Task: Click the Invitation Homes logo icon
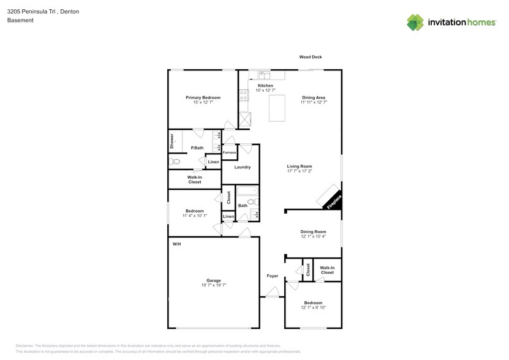click(416, 23)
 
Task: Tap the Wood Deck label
click(310, 57)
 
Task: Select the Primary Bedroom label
click(203, 97)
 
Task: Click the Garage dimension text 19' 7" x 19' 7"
click(213, 285)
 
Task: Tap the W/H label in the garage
click(176, 244)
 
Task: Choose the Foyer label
click(273, 276)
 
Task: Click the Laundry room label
click(242, 167)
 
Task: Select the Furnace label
click(229, 152)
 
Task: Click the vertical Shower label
click(172, 141)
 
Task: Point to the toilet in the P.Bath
click(175, 162)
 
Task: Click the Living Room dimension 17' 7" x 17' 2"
click(300, 171)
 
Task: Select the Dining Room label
click(313, 231)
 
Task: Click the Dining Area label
click(313, 97)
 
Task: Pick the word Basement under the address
click(20, 20)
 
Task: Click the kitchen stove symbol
click(244, 95)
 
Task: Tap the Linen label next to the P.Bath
click(213, 162)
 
